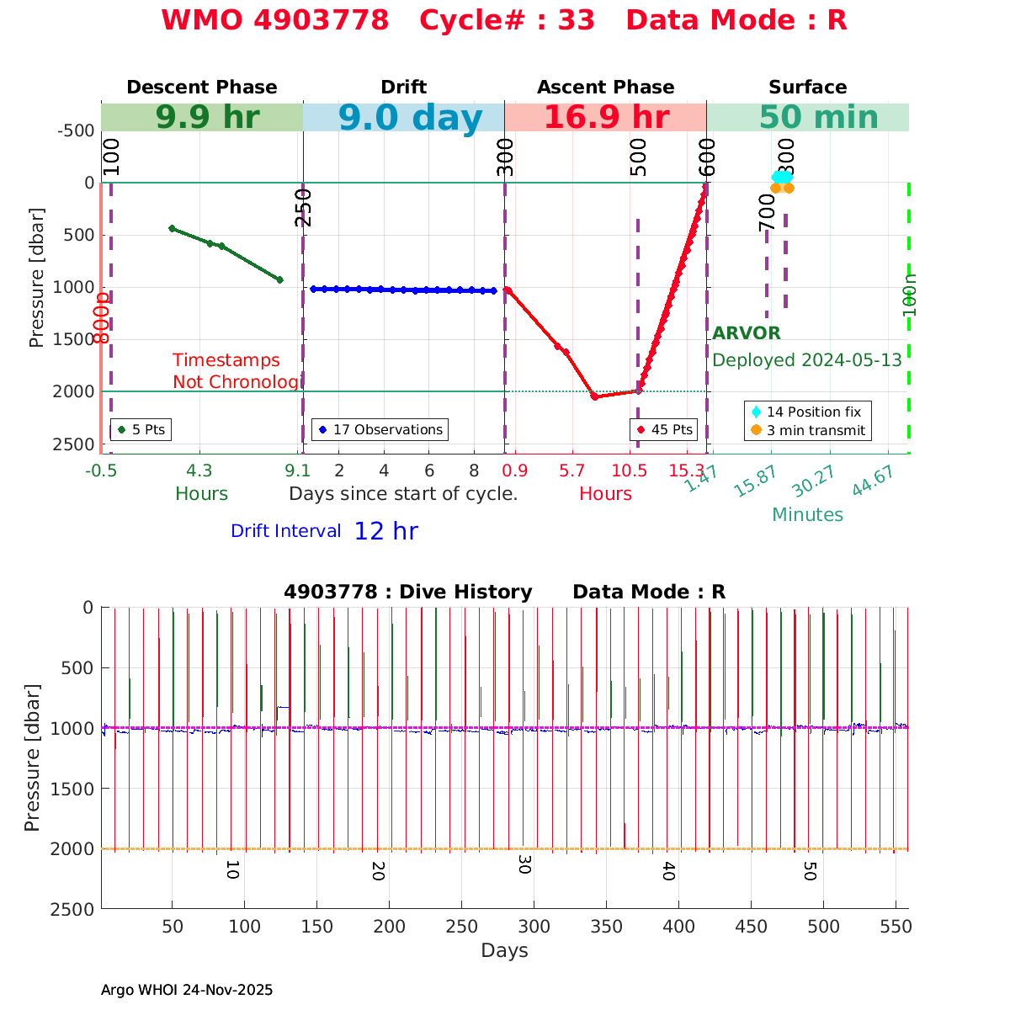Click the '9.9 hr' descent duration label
(x=207, y=118)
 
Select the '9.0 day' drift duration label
(x=410, y=119)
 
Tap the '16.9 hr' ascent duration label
(x=606, y=118)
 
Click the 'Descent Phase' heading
(x=201, y=88)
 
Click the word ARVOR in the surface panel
(x=747, y=333)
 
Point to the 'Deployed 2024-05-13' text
(x=806, y=360)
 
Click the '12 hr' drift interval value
(x=385, y=531)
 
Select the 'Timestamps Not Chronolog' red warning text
(x=236, y=371)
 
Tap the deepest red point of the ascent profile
(x=594, y=396)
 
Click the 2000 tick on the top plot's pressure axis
(x=74, y=391)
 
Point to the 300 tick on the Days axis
(x=534, y=927)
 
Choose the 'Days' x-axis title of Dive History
(x=504, y=951)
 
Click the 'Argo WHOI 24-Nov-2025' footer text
(x=187, y=990)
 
